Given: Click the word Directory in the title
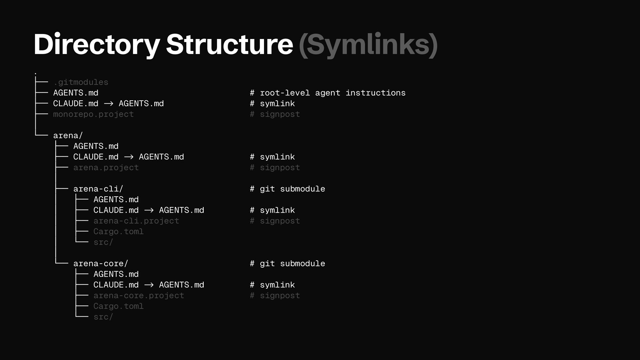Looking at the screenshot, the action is [x=97, y=45].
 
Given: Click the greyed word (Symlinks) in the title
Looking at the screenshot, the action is [x=368, y=45].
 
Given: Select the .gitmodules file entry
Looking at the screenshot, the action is [x=81, y=82].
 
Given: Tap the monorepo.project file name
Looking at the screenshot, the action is [x=93, y=114].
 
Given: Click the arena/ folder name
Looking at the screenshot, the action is [x=68, y=136].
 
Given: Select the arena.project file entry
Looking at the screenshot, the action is [x=106, y=168].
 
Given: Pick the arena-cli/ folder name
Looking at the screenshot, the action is [x=98, y=189].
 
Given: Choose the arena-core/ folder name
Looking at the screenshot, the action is [x=101, y=264].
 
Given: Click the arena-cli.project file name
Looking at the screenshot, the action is [x=136, y=221].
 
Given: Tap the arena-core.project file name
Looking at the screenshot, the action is [x=139, y=296].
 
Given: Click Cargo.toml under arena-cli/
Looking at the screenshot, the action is [x=118, y=232].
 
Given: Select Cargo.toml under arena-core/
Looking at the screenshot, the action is [x=118, y=306].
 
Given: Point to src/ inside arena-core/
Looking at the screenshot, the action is [x=103, y=317].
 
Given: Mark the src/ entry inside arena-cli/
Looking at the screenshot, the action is [x=103, y=242].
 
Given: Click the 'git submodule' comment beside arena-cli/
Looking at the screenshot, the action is [x=287, y=189].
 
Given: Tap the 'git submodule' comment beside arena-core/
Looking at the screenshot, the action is [x=287, y=264].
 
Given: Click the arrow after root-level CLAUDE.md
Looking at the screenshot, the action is [x=109, y=104].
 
